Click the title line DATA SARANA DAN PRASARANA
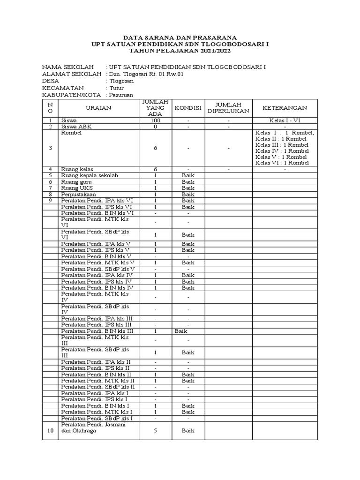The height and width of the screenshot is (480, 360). (x=180, y=37)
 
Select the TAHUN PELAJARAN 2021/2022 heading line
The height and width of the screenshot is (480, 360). (x=180, y=50)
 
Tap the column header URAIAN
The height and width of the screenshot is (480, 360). (x=98, y=108)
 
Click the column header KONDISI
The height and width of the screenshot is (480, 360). (x=188, y=108)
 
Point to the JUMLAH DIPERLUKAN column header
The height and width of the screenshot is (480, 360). (x=228, y=108)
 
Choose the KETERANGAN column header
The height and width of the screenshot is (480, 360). (x=285, y=108)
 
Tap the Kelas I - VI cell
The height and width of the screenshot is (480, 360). (x=285, y=120)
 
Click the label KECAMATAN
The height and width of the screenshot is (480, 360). (x=63, y=88)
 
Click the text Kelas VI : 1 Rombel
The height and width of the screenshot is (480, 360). (x=282, y=163)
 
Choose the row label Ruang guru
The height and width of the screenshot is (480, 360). (x=76, y=181)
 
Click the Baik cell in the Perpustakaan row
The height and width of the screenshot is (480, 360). (x=188, y=194)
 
